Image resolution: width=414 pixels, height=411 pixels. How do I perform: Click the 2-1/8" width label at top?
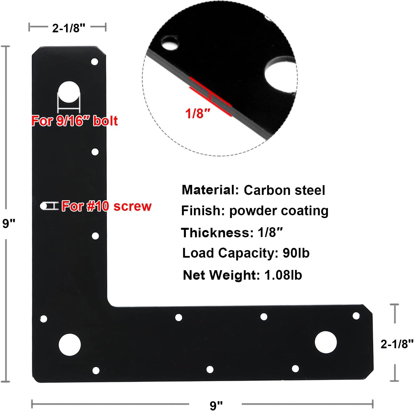68,28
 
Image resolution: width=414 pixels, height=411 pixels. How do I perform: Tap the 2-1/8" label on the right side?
397,344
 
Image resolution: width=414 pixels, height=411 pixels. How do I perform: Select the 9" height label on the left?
9,223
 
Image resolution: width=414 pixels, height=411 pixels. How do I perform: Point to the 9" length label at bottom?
216,405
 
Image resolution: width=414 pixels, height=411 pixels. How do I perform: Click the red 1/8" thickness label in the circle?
198,113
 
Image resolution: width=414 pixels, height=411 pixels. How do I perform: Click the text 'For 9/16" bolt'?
74,121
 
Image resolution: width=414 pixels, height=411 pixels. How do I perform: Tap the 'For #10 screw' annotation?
106,206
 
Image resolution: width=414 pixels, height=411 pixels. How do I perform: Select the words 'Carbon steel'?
284,190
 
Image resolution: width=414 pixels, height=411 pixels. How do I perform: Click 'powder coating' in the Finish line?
279,211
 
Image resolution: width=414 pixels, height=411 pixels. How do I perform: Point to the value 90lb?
296,253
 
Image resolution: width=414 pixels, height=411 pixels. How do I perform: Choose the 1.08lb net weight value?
283,275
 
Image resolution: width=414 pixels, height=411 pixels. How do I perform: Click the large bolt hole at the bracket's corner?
70,344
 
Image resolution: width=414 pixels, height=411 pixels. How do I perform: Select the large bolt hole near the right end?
326,342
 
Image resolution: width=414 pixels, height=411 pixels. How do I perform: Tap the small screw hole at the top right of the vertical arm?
95,62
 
